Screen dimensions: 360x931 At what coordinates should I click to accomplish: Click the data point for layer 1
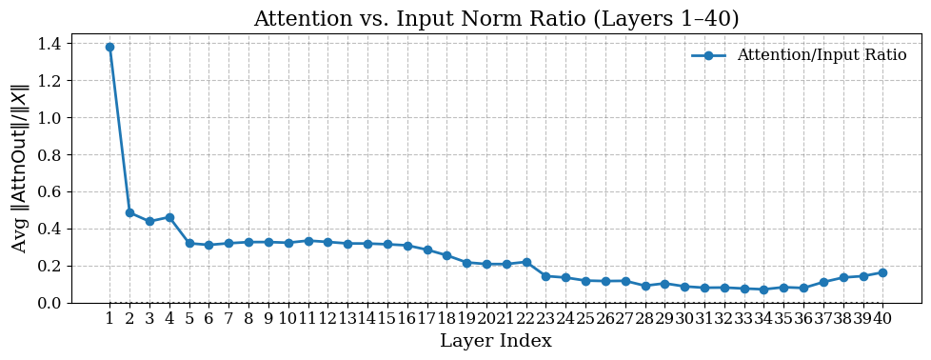tap(109, 47)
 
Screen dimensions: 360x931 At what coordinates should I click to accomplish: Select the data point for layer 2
tap(129, 212)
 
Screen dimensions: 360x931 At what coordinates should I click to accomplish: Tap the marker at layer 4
tap(169, 217)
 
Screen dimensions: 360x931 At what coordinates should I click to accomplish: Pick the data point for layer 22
tap(526, 262)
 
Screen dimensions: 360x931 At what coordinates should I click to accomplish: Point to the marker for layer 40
tap(882, 272)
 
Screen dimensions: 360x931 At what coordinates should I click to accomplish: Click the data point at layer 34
tap(763, 290)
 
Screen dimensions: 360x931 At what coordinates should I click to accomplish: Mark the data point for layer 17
tap(427, 250)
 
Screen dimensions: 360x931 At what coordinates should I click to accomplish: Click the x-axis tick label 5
tap(189, 319)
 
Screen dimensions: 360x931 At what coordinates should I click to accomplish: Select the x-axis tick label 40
tap(882, 319)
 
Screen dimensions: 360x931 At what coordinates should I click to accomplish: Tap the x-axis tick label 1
tap(109, 319)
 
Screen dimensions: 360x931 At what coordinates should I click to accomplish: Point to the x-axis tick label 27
tap(624, 319)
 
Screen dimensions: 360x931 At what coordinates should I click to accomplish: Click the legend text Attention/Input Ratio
tap(822, 55)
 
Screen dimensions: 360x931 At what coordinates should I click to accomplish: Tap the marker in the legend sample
tap(708, 55)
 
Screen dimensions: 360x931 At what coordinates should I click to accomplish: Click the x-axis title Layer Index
tap(495, 341)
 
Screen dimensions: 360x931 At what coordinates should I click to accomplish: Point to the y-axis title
tap(20, 169)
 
